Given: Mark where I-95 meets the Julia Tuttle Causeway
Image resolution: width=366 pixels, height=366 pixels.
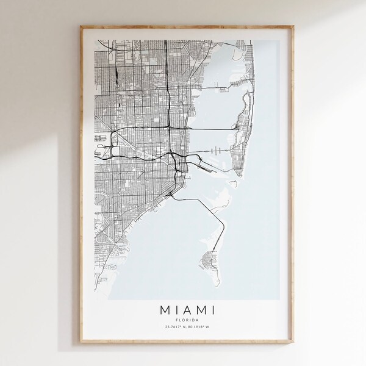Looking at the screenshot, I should pyautogui.click(x=168, y=127).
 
